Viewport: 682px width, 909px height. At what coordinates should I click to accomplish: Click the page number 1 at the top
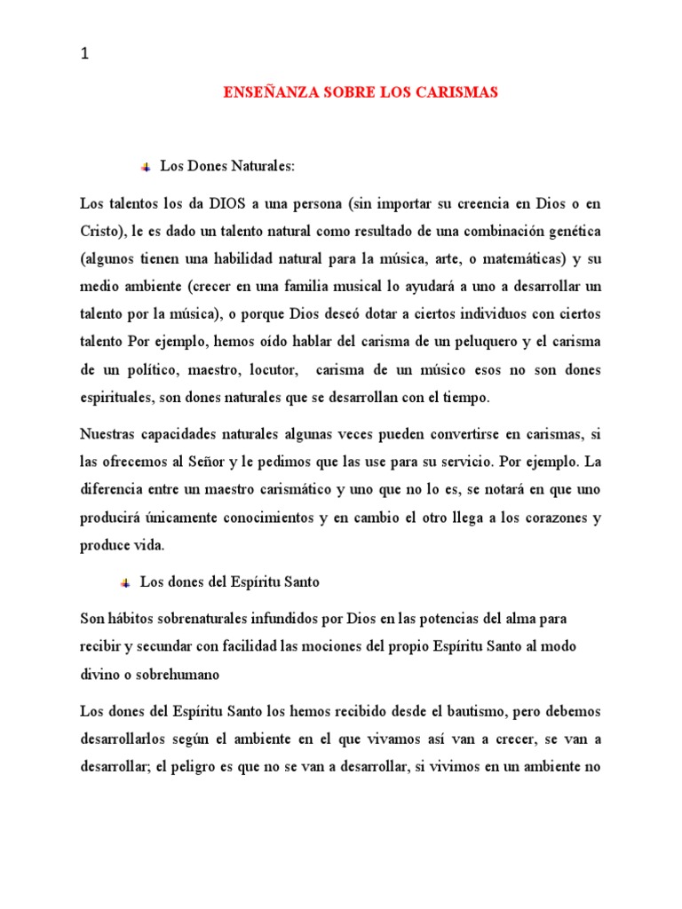(84, 54)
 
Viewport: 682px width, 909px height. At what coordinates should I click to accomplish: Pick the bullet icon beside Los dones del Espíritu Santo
(125, 582)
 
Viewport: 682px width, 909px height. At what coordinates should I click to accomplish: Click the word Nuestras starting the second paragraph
(108, 434)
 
